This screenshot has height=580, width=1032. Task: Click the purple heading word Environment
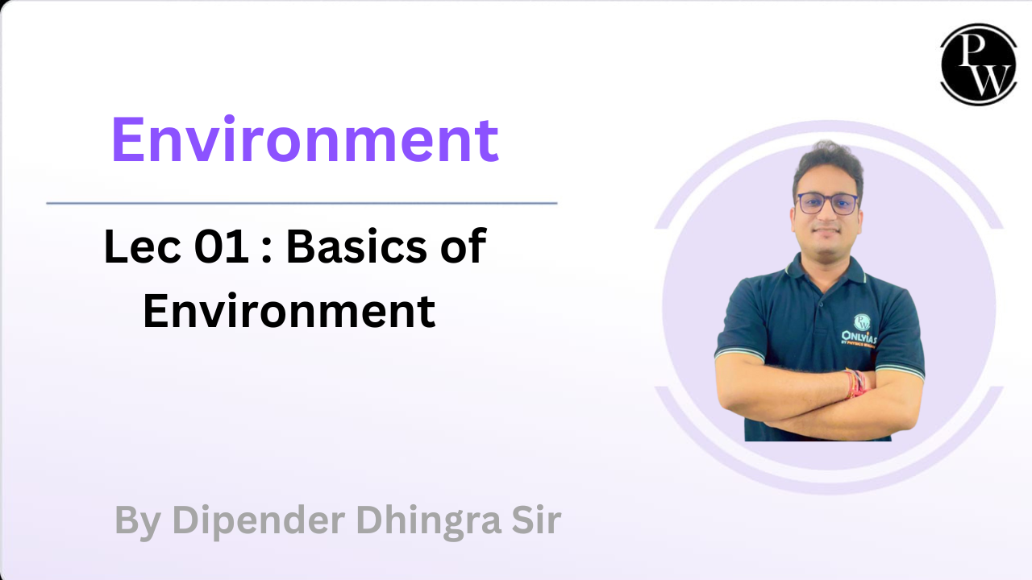305,140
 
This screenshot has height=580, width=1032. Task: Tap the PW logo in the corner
978,64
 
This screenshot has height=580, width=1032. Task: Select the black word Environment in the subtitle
289,313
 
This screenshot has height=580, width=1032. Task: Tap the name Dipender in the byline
259,520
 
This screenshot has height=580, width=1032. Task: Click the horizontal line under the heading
302,203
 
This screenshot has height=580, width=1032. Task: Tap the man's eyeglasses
828,203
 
